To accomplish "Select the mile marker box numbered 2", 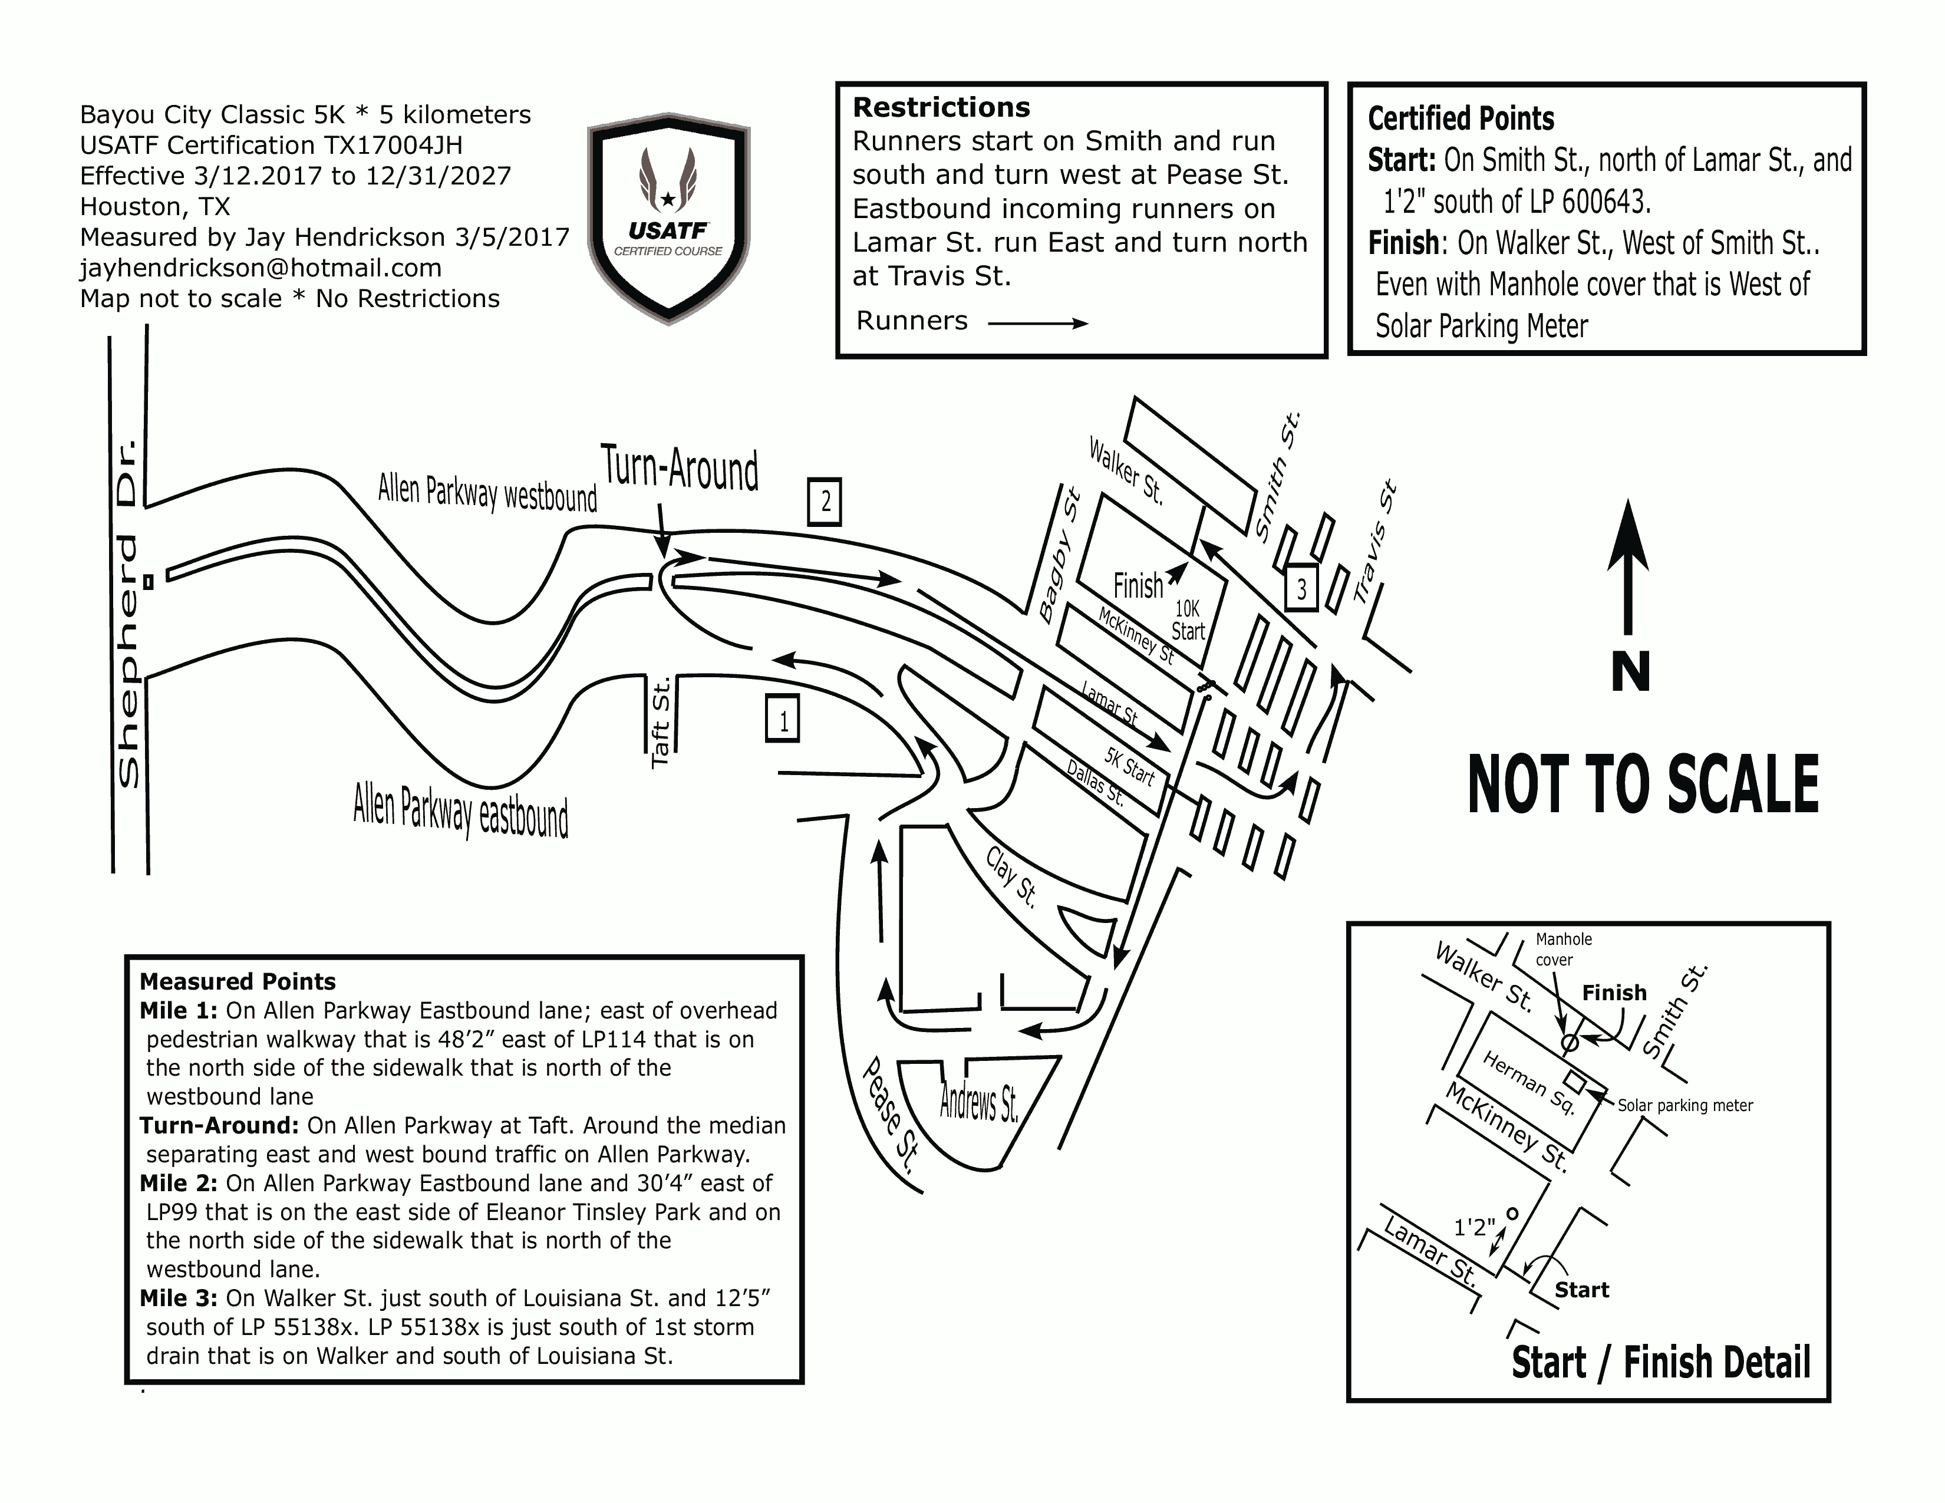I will click(x=825, y=502).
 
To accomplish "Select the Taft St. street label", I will click(x=660, y=722).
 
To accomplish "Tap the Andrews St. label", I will click(x=979, y=1102).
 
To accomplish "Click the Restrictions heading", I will click(x=941, y=108).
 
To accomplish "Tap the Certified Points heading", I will click(x=1461, y=118).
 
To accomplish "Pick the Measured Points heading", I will click(x=238, y=981).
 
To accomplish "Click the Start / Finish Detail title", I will click(x=1661, y=1362).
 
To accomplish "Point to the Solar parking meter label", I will click(x=1685, y=1105).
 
